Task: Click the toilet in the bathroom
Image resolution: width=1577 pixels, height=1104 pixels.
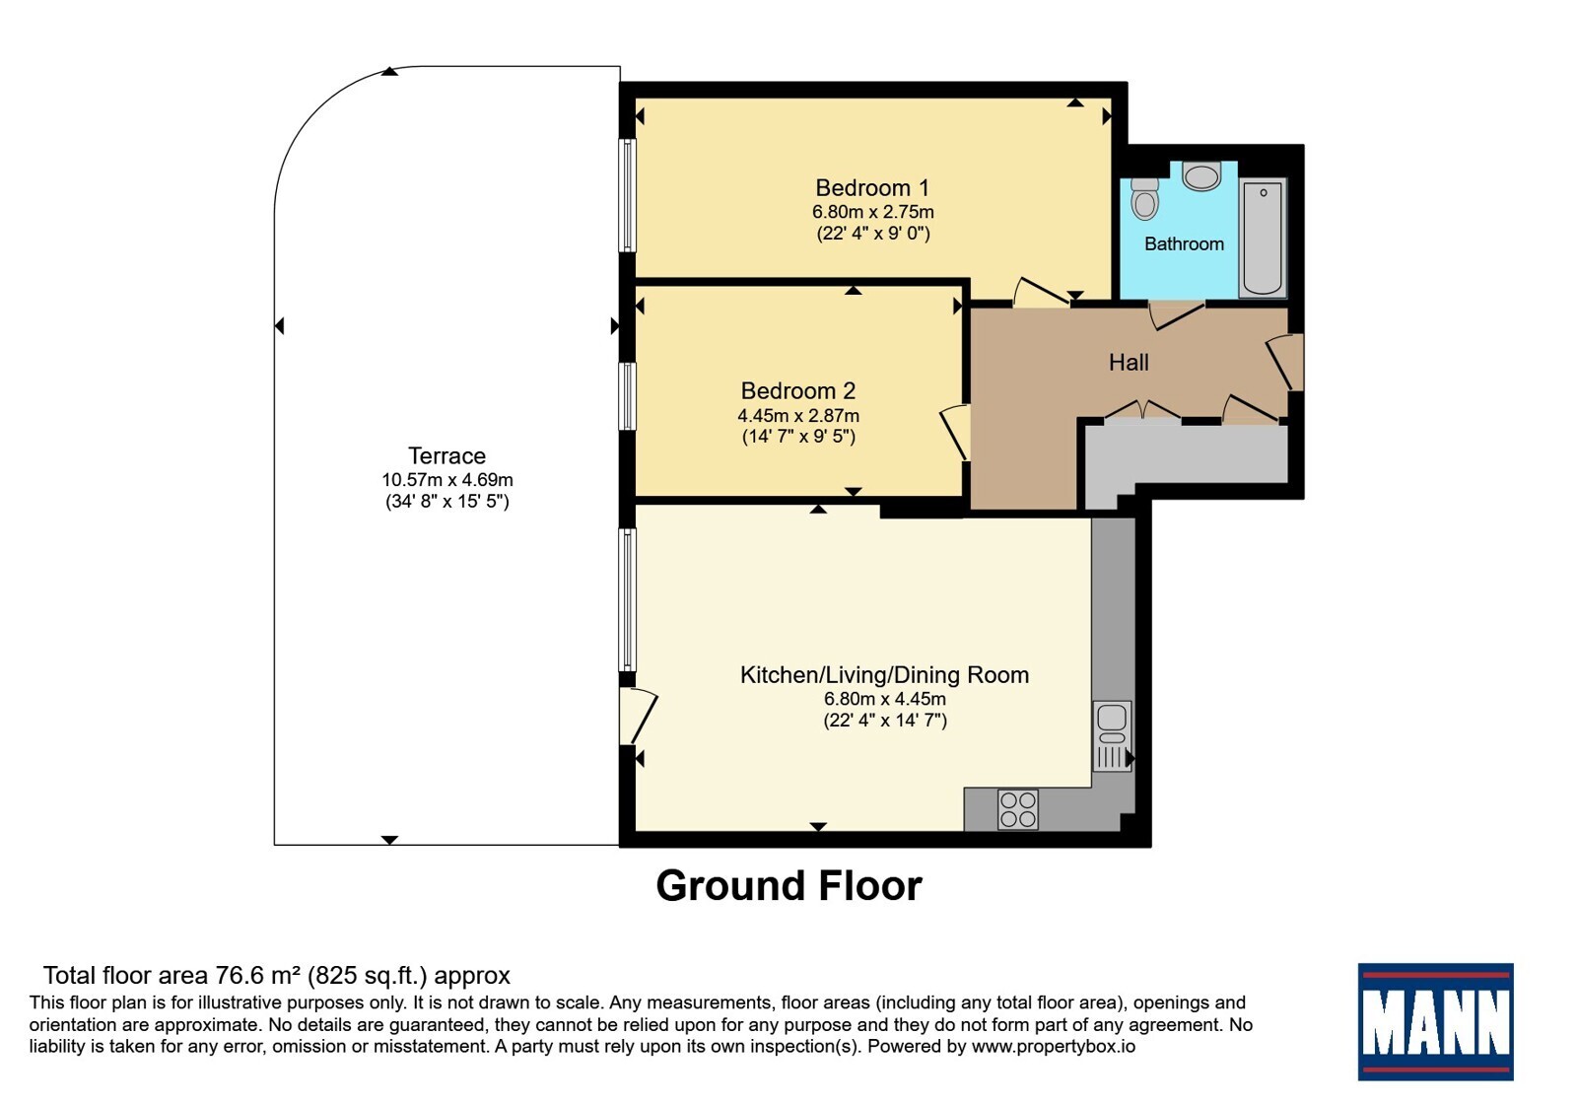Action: click(x=1144, y=198)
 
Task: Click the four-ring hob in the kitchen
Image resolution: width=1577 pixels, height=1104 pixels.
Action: click(x=1018, y=809)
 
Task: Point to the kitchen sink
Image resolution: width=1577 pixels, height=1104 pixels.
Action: click(x=1113, y=735)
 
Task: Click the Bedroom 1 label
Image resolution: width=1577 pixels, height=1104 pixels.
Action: click(x=872, y=188)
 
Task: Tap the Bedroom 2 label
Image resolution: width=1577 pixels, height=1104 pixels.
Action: click(x=798, y=390)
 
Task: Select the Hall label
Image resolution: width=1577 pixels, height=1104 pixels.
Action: click(x=1129, y=363)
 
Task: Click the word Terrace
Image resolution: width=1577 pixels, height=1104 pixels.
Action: click(x=447, y=456)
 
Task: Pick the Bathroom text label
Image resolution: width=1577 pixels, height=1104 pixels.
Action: click(x=1184, y=244)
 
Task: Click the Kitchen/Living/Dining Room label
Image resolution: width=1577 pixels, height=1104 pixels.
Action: click(x=884, y=675)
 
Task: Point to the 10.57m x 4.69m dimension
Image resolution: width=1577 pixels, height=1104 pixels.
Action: click(x=447, y=480)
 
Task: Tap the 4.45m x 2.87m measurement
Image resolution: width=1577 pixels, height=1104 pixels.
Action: click(x=798, y=416)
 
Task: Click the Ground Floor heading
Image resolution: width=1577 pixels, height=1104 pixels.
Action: click(x=789, y=886)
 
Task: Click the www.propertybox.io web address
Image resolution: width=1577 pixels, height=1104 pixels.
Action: click(x=1054, y=1046)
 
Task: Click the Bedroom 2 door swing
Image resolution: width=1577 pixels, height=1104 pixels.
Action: click(x=955, y=433)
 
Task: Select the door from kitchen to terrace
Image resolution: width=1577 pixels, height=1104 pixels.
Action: click(x=639, y=716)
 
